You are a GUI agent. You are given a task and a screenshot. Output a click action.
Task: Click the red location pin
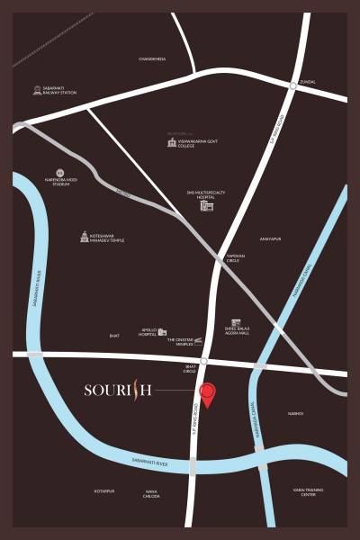(x=208, y=393)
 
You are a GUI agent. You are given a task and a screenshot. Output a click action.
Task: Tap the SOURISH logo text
(x=117, y=390)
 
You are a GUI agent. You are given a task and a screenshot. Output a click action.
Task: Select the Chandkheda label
(x=152, y=58)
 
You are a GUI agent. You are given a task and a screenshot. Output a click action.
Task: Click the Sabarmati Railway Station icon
(x=37, y=90)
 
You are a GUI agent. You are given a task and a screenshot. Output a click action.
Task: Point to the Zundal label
(x=308, y=80)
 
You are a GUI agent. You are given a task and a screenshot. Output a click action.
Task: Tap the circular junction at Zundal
(x=293, y=85)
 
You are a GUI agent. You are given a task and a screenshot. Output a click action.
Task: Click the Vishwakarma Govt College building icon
(x=171, y=142)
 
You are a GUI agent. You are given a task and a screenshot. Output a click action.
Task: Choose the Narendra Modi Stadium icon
(x=60, y=172)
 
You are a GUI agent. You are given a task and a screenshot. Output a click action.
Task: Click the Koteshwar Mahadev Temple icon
(x=85, y=238)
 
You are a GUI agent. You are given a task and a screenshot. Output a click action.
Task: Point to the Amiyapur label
(x=270, y=239)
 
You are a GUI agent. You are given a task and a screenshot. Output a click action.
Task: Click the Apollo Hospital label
(x=147, y=332)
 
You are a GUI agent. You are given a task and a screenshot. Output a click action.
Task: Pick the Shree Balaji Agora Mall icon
(x=235, y=323)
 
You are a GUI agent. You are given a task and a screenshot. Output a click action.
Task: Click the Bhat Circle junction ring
(x=204, y=361)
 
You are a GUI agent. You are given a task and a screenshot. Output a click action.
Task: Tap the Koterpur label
(x=104, y=491)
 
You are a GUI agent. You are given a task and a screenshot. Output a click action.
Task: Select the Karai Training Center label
(x=304, y=492)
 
